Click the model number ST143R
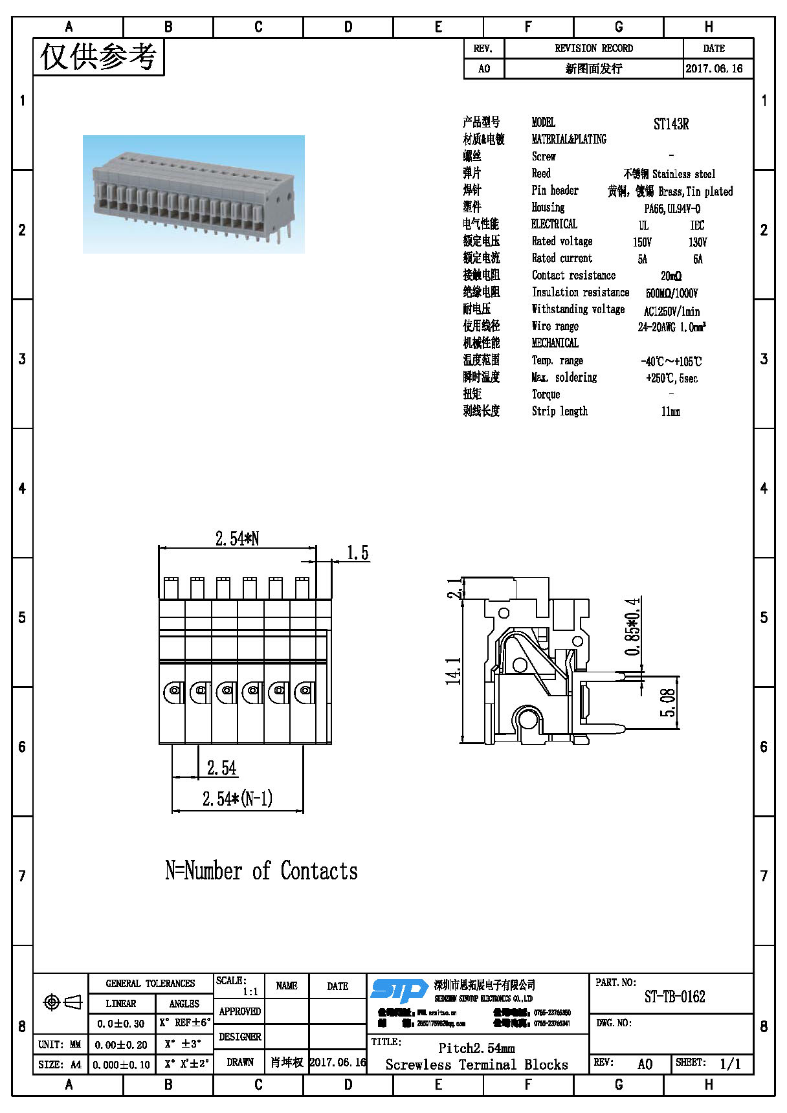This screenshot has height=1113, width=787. [671, 124]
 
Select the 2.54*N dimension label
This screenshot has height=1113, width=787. [237, 538]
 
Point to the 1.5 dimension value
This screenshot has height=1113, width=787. [357, 553]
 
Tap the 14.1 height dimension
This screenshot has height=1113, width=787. [454, 670]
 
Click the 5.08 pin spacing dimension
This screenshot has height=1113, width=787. [668, 703]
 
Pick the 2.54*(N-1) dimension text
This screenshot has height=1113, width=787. [238, 799]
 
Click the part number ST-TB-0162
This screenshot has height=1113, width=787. [674, 997]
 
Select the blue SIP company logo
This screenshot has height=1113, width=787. [399, 991]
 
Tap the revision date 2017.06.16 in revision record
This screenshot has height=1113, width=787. [714, 69]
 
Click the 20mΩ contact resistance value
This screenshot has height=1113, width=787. [671, 276]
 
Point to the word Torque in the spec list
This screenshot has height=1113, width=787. [546, 394]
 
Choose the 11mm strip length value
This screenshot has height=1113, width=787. [671, 412]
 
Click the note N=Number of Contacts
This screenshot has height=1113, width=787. [261, 871]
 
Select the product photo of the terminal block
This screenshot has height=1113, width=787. [194, 194]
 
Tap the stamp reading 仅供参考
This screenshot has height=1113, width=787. [98, 57]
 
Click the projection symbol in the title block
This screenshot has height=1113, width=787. [62, 1002]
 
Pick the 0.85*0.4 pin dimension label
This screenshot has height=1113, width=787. [633, 626]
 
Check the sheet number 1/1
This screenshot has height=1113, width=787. [730, 1064]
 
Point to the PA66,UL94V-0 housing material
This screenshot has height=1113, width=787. [672, 208]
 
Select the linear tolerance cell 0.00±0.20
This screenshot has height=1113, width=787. [121, 1044]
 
